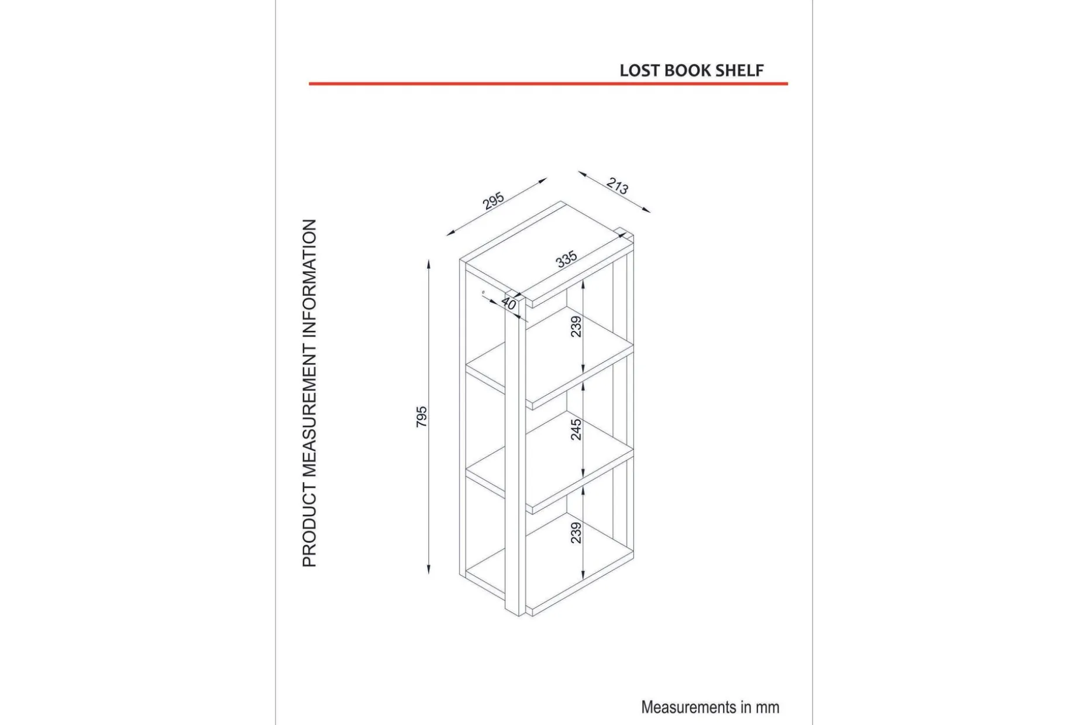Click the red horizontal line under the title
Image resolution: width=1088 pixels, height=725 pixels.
[x=548, y=84]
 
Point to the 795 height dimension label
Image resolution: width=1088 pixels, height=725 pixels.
[x=421, y=417]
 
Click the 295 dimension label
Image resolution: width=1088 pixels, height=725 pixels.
[x=494, y=201]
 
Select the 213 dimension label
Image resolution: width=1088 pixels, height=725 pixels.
[x=617, y=186]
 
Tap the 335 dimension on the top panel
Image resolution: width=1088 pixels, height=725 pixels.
[x=566, y=259]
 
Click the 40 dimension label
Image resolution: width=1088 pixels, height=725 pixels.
[x=509, y=303]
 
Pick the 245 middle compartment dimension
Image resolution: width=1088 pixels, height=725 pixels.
[x=576, y=429]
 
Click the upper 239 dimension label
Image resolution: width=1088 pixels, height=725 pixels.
[x=576, y=326]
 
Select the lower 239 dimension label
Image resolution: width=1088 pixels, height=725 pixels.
[x=576, y=533]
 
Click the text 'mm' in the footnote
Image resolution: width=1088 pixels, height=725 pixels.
[x=767, y=707]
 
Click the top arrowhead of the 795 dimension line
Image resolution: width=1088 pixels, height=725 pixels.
[x=429, y=264]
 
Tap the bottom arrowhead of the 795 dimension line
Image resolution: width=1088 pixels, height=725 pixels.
[x=429, y=569]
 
